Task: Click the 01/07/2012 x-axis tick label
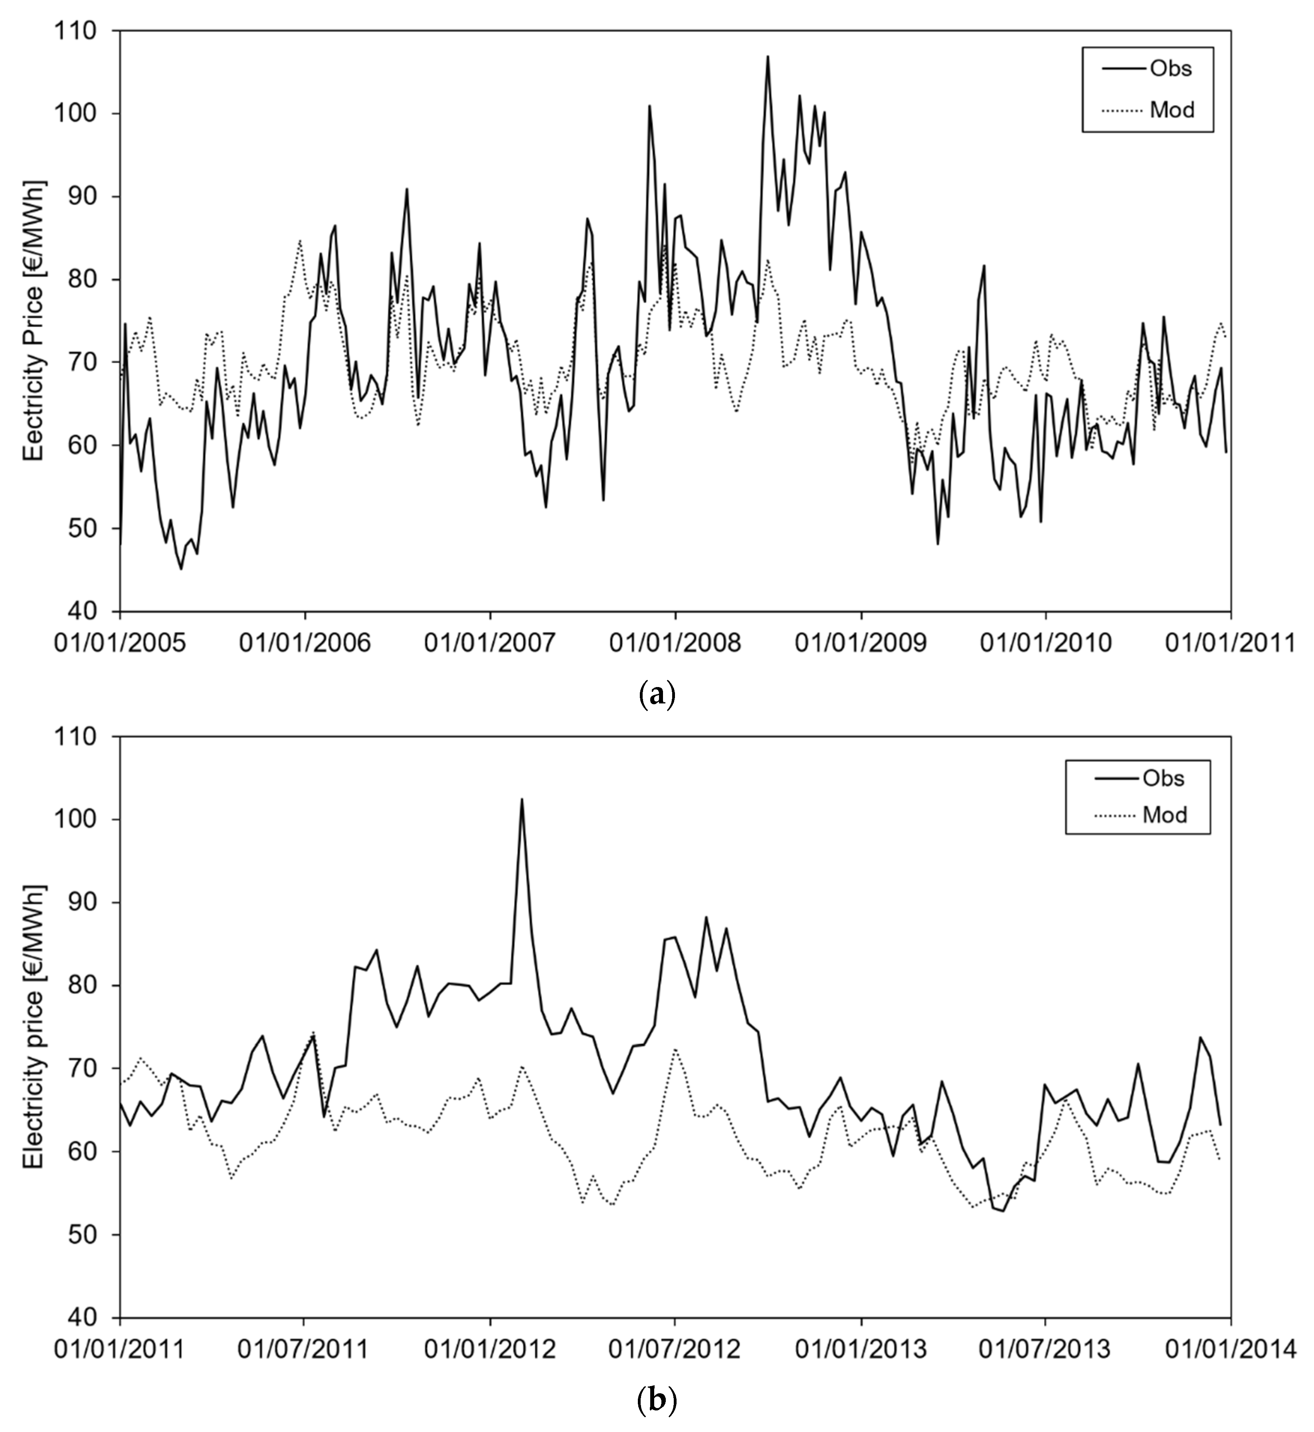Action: point(675,1349)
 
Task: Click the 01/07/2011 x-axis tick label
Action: point(304,1349)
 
